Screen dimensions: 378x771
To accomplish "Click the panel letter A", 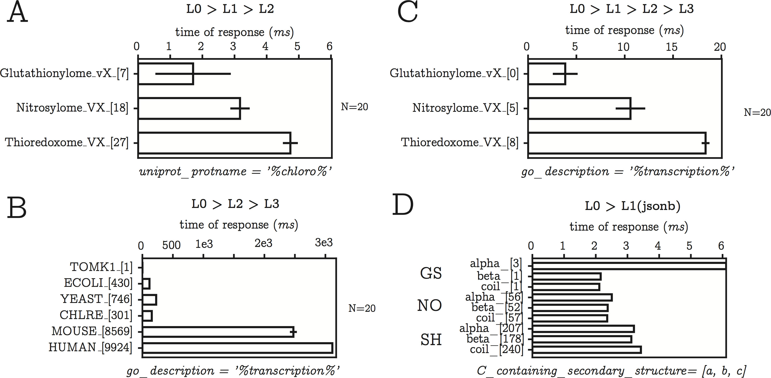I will point(17,12).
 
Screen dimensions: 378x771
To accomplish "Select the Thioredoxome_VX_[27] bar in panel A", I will point(214,143).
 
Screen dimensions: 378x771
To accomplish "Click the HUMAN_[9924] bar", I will point(237,348).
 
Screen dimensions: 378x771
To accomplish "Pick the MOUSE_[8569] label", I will point(91,331).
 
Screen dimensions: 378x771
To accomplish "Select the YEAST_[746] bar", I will point(149,299).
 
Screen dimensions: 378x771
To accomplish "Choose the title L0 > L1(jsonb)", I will point(633,206).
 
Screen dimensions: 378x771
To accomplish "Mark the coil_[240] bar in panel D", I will point(586,350).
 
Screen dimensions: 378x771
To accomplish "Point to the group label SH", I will point(431,340).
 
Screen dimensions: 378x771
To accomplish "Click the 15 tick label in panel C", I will point(671,47).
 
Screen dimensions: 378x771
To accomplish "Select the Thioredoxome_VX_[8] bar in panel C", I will point(617,143).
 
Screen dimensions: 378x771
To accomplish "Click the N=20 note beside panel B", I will point(362,308).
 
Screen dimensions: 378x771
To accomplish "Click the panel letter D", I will point(403,205).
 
